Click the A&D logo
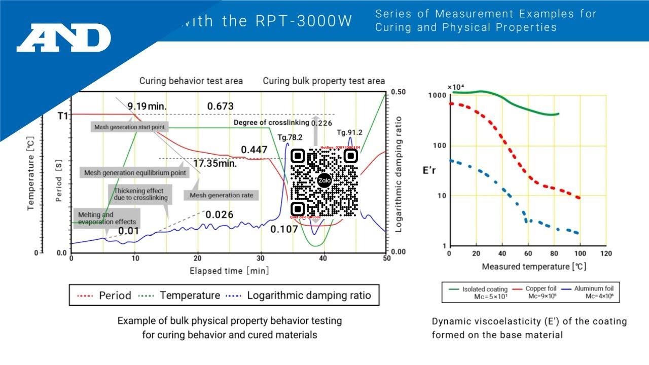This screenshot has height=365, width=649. click(x=64, y=38)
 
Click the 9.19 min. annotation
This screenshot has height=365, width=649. click(x=147, y=106)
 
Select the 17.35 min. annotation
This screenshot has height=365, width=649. click(x=215, y=163)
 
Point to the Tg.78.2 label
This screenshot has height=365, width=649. click(x=290, y=137)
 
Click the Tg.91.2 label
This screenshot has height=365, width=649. click(x=350, y=133)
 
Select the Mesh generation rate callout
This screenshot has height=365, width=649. click(x=221, y=195)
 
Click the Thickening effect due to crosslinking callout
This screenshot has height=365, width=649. click(x=140, y=194)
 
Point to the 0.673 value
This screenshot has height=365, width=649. click(x=220, y=106)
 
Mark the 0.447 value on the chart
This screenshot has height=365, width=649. click(x=254, y=150)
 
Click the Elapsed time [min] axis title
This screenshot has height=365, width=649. click(x=229, y=271)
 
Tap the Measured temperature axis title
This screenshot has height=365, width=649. click(x=534, y=267)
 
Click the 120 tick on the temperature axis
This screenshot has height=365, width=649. click(x=606, y=253)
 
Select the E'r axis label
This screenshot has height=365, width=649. click(x=429, y=170)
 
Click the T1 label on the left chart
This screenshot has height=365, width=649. click(x=62, y=116)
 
